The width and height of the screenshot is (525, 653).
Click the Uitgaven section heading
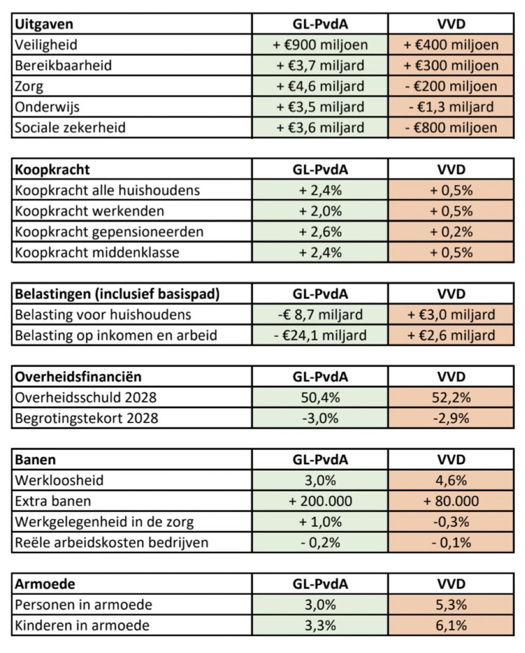tap(44, 24)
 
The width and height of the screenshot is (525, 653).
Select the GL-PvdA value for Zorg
tap(320, 86)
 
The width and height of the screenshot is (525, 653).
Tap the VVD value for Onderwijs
tap(451, 107)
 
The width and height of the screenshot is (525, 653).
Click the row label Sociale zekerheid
tap(70, 127)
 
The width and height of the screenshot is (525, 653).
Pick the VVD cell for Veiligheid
tap(451, 45)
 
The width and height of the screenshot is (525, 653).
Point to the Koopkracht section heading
tap(52, 169)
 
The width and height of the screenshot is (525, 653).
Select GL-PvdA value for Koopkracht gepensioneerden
tap(320, 232)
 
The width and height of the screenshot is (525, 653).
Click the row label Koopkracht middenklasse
tap(97, 252)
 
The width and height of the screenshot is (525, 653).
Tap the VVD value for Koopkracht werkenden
tap(451, 211)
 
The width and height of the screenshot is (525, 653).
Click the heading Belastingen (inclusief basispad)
tap(118, 294)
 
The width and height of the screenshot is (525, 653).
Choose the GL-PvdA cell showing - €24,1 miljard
tap(320, 335)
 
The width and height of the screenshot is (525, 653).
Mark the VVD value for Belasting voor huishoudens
tap(451, 315)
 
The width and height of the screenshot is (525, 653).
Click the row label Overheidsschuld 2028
tap(86, 397)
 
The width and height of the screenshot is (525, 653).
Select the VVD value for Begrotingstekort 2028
tap(451, 418)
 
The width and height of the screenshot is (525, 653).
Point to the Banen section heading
tap(35, 460)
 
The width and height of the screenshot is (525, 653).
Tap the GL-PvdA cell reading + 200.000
tap(320, 501)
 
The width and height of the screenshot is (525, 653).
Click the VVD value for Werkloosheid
tap(451, 480)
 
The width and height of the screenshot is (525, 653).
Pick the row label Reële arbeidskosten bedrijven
tap(112, 543)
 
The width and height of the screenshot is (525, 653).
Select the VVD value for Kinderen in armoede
tap(451, 625)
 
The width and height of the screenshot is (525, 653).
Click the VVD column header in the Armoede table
tap(451, 584)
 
